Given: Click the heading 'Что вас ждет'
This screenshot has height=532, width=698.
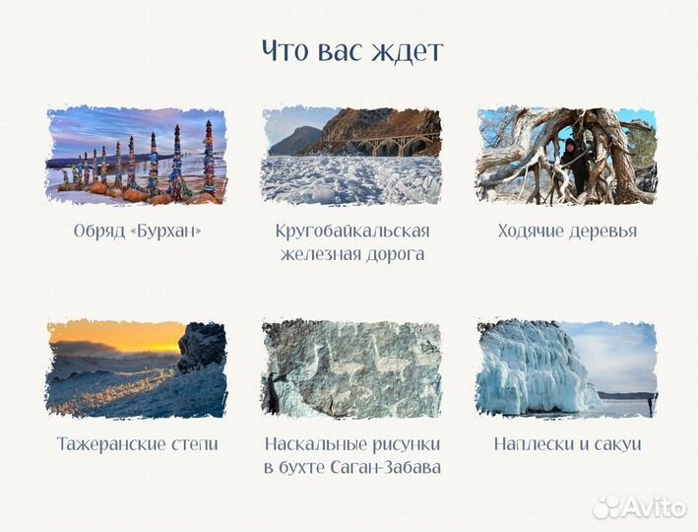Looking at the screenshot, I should (x=352, y=51).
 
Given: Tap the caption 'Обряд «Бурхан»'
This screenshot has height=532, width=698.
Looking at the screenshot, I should (x=137, y=232).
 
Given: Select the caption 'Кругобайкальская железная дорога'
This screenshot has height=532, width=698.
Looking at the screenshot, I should (x=352, y=242).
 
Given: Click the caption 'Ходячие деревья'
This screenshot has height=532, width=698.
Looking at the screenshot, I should (x=567, y=232).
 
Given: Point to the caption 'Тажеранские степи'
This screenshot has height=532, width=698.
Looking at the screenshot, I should (x=137, y=444).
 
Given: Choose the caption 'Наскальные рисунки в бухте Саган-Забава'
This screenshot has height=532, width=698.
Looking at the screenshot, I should (x=352, y=455).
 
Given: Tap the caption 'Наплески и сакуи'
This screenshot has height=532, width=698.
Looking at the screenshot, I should (x=567, y=444).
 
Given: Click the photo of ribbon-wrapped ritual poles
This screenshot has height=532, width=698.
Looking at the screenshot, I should (x=137, y=156).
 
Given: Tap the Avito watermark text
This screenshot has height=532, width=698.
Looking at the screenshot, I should (x=656, y=507).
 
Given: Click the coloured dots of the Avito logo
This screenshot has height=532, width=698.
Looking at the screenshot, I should (x=608, y=506).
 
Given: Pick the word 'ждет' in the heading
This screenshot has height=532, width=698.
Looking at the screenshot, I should (x=411, y=51).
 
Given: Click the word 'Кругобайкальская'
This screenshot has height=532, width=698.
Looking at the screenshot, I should (x=352, y=232).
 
